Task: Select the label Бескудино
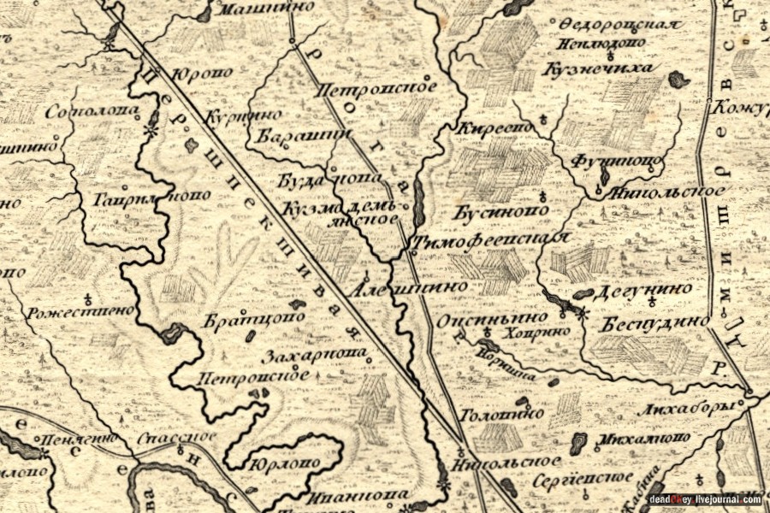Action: [654, 323]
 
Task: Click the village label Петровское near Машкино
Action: [376, 88]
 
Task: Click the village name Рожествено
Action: [81, 312]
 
